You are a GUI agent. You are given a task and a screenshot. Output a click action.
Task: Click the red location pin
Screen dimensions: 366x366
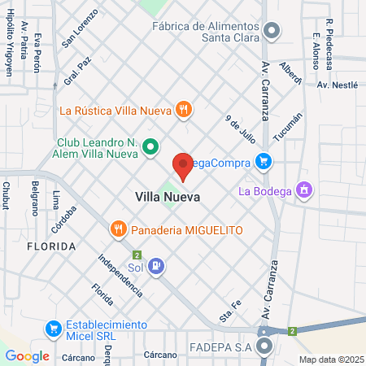[x=184, y=166]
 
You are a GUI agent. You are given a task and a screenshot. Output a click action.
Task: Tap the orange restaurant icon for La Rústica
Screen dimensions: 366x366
[x=185, y=109]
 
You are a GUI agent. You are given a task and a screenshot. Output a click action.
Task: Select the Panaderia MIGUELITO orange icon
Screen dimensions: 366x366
[x=119, y=230]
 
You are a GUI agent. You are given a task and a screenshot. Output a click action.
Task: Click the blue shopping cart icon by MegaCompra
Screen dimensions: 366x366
[x=263, y=162]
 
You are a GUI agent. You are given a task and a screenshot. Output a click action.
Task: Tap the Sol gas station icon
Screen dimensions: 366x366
[x=158, y=266]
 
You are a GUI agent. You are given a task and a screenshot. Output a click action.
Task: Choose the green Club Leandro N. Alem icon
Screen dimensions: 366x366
[x=150, y=147]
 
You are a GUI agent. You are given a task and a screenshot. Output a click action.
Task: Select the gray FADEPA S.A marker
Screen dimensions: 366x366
[x=264, y=347]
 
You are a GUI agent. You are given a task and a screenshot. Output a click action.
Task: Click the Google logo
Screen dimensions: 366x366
[x=27, y=355]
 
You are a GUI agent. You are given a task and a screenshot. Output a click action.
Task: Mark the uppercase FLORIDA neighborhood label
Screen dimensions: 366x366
[x=50, y=246]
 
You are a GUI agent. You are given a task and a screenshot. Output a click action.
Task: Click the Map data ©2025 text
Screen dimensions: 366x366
[x=329, y=359]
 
